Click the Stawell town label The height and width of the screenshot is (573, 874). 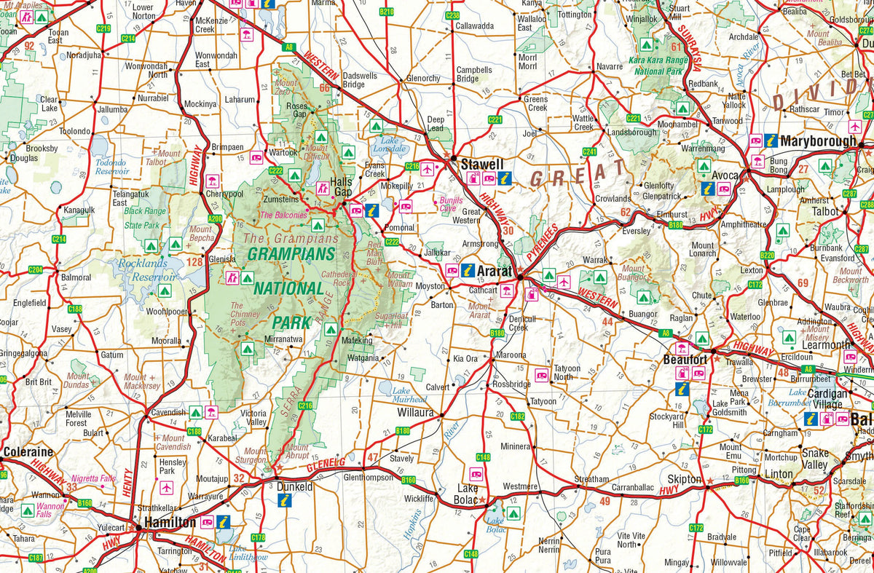tap(481, 164)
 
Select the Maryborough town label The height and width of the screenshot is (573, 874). tap(817, 141)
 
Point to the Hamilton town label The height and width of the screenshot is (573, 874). tap(170, 523)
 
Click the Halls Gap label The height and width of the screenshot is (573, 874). tap(341, 187)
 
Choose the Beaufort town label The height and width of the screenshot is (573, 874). tap(686, 360)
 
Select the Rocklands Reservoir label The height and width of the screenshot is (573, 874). tap(148, 270)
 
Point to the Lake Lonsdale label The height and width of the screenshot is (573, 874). tap(393, 143)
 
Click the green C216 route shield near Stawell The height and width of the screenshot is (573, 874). tap(411, 167)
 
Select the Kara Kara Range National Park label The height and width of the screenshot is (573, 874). tap(658, 63)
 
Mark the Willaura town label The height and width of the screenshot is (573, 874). tap(415, 413)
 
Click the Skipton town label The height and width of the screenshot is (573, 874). tap(685, 480)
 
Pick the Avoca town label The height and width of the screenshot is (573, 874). tap(725, 175)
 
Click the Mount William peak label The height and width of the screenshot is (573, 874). tap(399, 280)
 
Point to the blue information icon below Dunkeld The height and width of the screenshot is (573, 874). tap(286, 501)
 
